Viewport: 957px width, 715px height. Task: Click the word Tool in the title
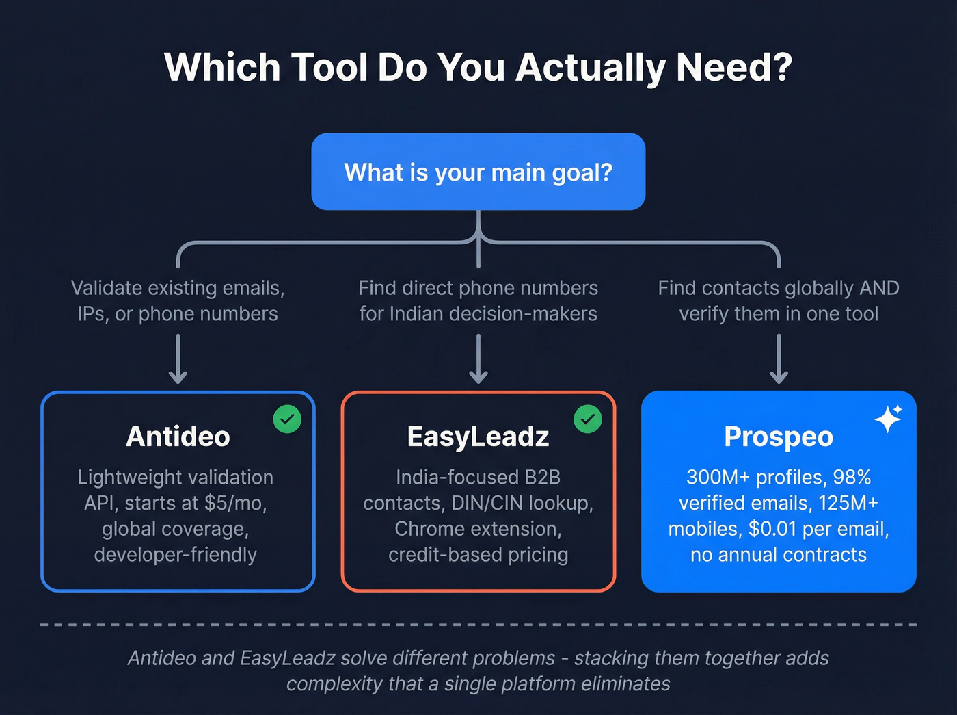(330, 67)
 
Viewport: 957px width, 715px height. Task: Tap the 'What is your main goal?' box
(478, 172)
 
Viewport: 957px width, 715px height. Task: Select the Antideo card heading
(178, 437)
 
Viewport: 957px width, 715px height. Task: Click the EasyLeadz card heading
(478, 437)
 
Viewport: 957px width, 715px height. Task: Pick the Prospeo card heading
(779, 437)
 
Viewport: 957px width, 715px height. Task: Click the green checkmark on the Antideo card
(287, 419)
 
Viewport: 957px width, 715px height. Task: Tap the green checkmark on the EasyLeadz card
(588, 419)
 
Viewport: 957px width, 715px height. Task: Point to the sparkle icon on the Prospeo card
(889, 419)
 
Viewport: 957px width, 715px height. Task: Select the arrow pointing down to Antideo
(178, 359)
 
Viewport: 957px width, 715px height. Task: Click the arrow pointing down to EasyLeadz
(478, 359)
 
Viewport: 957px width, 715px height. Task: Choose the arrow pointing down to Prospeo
(779, 359)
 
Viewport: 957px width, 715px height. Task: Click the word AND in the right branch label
(879, 288)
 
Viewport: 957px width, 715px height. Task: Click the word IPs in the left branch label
(92, 314)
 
